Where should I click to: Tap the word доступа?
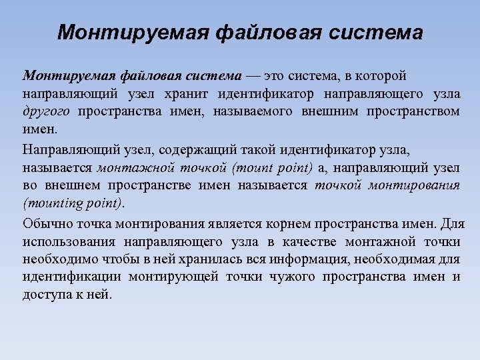[45, 294]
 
